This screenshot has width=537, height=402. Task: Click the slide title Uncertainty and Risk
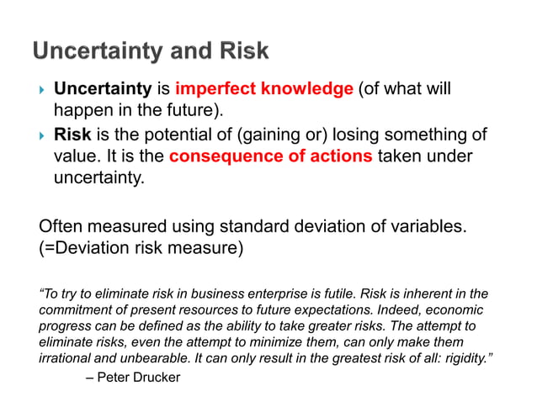pyautogui.click(x=151, y=52)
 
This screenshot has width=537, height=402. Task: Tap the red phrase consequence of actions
pyautogui.click(x=270, y=156)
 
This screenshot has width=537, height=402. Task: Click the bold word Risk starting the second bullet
pyautogui.click(x=72, y=134)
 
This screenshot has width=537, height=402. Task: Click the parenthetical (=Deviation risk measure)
pyautogui.click(x=141, y=248)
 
